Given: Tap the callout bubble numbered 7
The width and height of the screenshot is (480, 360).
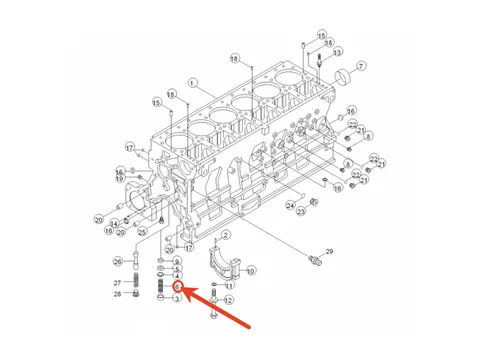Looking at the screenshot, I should pos(361,66).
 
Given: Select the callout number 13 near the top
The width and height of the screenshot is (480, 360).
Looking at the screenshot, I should pos(338,52).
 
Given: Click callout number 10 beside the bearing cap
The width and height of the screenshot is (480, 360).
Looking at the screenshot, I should pos(250,270).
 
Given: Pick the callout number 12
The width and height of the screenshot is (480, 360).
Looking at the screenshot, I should pos(228,300).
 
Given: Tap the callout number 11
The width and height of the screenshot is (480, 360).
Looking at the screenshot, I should pos(228,285).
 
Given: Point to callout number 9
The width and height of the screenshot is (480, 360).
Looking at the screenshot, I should pos(177,262).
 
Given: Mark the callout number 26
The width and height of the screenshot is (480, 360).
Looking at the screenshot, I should pos(118,262).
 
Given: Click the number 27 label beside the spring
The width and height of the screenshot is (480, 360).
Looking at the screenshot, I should pos(118,283).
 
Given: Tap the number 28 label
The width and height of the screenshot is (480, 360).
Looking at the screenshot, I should pos(118,294).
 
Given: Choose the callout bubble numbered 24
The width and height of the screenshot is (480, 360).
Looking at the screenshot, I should pos(290,205).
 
